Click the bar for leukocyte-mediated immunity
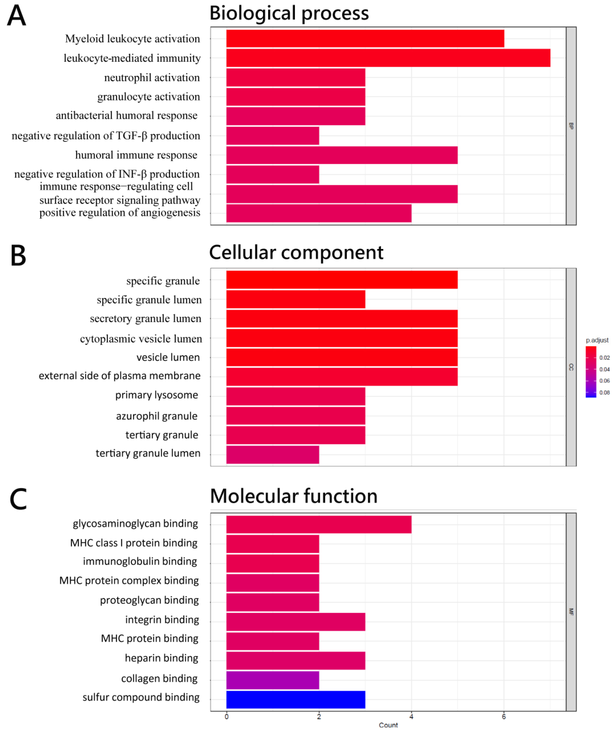[x=388, y=58]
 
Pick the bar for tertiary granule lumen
[x=272, y=455]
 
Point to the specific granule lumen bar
[x=296, y=299]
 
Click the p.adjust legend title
[x=597, y=340]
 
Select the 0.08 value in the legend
[x=604, y=392]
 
